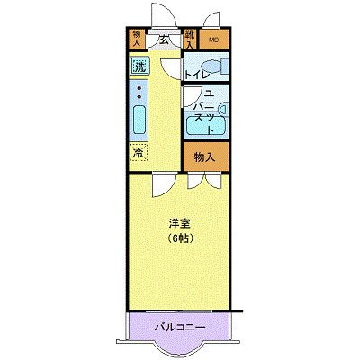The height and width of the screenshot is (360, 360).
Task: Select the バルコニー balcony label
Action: (x=178, y=325)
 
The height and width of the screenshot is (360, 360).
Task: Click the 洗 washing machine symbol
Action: (x=139, y=66)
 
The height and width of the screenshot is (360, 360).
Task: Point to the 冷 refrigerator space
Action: (x=138, y=152)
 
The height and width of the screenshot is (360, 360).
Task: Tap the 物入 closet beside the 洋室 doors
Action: (x=204, y=157)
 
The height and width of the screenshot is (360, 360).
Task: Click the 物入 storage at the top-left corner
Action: (x=137, y=38)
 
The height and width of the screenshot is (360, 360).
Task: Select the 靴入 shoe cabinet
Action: (x=191, y=38)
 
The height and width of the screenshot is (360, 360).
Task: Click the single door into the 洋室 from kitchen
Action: (x=160, y=182)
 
